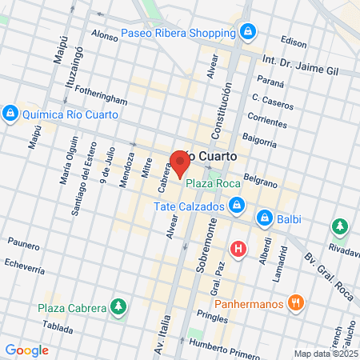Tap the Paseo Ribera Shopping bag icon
(249, 33)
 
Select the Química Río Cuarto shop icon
(10, 114)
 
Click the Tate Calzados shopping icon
(236, 207)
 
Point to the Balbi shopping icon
(263, 217)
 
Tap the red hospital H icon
(237, 249)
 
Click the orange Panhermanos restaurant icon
(296, 302)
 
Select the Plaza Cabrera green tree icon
(118, 306)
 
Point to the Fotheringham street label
(98, 100)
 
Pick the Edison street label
(294, 42)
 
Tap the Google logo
(26, 350)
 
